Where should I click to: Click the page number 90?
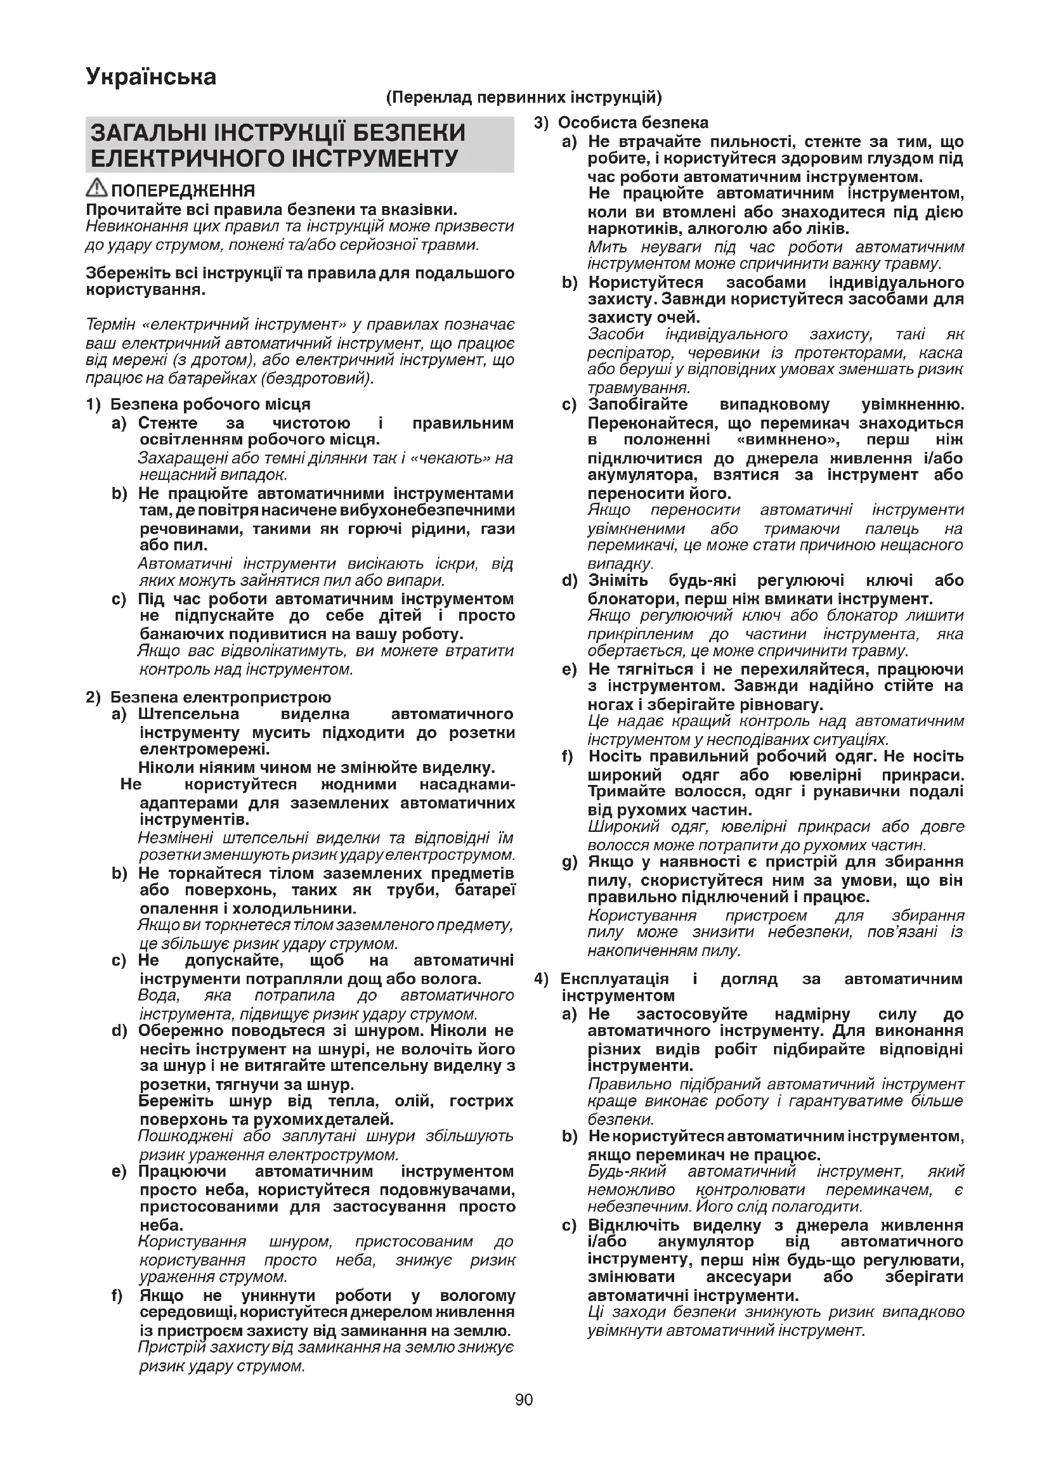click(524, 1400)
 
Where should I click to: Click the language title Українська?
click(151, 77)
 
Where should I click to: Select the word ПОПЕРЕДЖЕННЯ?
click(183, 191)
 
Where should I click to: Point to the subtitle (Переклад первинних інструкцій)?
click(524, 98)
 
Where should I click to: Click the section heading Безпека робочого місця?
click(210, 405)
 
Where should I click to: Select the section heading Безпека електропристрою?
click(220, 697)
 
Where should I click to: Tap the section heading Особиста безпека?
click(633, 123)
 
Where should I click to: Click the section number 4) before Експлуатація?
click(541, 978)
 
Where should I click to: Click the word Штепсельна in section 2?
click(188, 714)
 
